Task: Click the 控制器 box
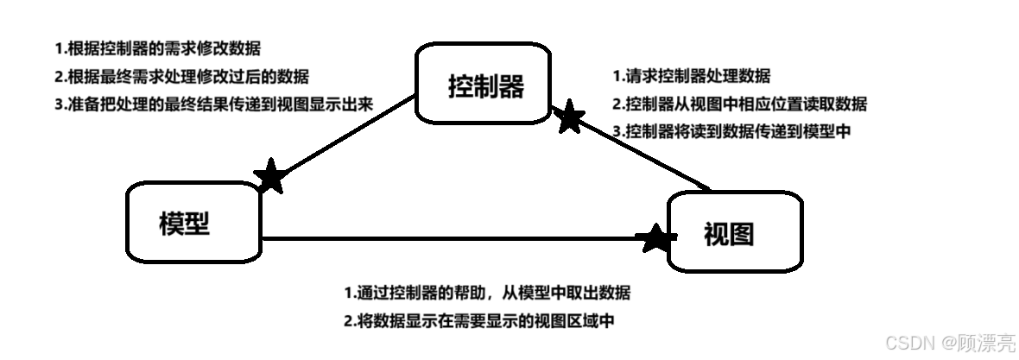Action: [x=486, y=85]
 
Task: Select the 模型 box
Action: [x=193, y=222]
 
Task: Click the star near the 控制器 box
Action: [x=569, y=117]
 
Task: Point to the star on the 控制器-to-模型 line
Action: [x=271, y=177]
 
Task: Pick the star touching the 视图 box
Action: [x=656, y=237]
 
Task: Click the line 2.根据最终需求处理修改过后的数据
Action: [x=181, y=76]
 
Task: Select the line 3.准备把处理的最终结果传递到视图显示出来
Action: [x=213, y=104]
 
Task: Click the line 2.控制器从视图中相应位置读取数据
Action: [x=739, y=104]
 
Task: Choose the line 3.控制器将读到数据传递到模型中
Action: [x=732, y=131]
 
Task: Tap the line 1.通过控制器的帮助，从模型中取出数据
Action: [x=487, y=292]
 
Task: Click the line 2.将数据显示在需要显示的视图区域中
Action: [x=479, y=320]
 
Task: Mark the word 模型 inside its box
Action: [x=185, y=223]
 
